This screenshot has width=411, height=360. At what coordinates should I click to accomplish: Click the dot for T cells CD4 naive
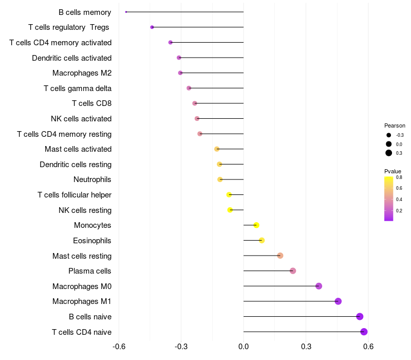[x=364, y=332]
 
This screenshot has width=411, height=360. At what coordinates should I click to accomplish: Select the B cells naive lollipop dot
[x=360, y=316]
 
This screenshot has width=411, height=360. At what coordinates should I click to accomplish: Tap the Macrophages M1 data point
[x=338, y=301]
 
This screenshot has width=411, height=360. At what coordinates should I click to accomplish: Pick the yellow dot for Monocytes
[x=256, y=225]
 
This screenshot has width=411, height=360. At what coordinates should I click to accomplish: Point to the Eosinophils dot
[x=261, y=240]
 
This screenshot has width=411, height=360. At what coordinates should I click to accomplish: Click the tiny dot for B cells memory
[x=126, y=12]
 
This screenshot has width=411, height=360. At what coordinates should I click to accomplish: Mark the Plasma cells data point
[x=293, y=271]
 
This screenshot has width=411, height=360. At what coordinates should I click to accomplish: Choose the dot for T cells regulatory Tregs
[x=152, y=27]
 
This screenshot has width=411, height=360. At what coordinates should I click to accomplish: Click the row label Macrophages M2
[x=82, y=73]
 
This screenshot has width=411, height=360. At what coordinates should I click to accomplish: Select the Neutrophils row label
[x=92, y=179]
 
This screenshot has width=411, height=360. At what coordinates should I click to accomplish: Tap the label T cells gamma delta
[x=78, y=88]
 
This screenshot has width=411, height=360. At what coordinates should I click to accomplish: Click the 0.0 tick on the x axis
[x=244, y=346]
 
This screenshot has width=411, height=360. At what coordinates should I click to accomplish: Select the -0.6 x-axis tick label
[x=118, y=346]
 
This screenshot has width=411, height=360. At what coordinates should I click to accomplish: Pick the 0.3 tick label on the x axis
[x=306, y=346]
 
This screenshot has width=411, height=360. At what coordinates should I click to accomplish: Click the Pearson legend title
[x=395, y=125]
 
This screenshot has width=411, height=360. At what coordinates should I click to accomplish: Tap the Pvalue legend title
[x=393, y=171]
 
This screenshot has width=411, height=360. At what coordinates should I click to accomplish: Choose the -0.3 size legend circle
[x=389, y=135]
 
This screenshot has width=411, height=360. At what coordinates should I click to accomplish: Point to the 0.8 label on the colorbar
[x=399, y=177]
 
